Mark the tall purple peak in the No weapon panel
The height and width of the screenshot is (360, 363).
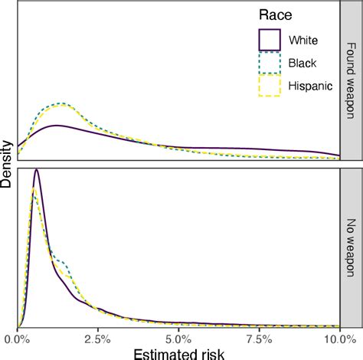(36, 171)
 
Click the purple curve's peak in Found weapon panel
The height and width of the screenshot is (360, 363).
(55, 125)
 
